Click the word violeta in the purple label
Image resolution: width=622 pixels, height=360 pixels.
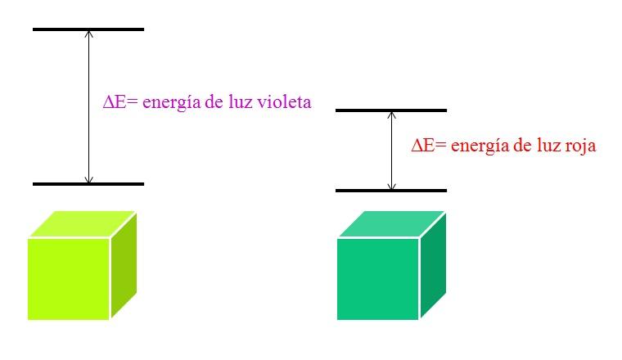click(x=286, y=103)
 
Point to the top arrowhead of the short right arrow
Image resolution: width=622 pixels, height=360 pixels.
click(x=391, y=115)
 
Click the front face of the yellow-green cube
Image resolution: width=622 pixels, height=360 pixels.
click(x=69, y=278)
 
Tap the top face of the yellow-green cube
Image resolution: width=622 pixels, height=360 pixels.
click(x=82, y=224)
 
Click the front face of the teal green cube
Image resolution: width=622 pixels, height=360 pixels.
click(x=377, y=278)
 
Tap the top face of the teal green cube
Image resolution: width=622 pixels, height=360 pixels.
click(x=391, y=224)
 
